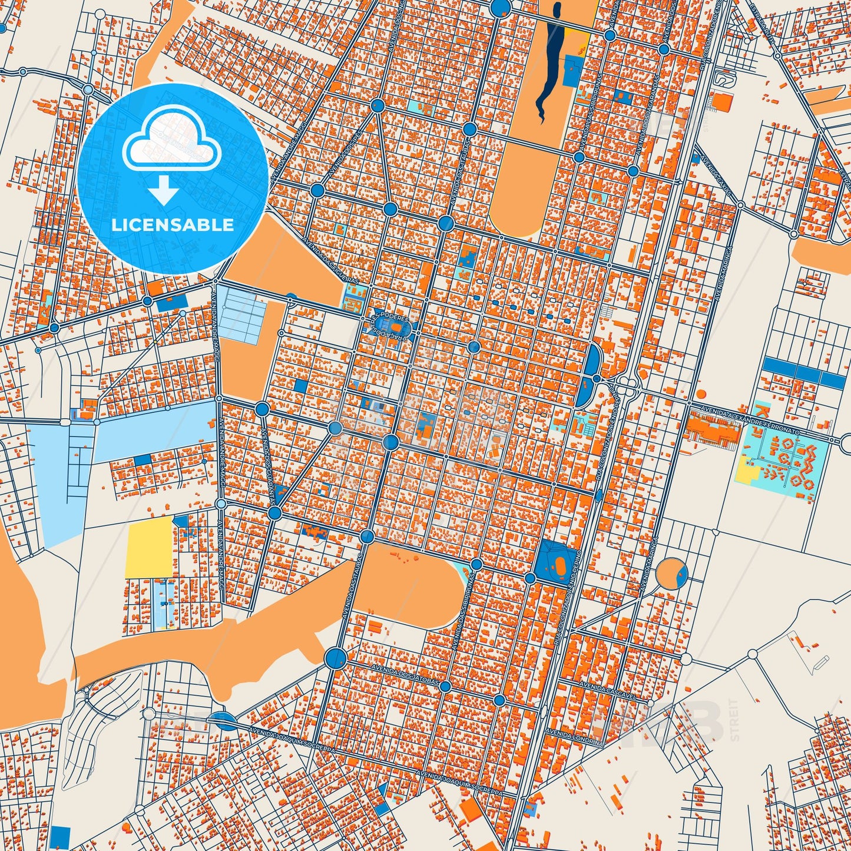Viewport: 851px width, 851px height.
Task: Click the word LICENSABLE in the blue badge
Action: point(173,225)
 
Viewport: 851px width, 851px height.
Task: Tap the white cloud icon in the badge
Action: point(171,141)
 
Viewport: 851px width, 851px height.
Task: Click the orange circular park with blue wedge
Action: point(671,573)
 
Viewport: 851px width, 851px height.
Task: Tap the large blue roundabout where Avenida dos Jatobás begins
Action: point(335,657)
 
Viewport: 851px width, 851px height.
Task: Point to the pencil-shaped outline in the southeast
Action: point(822,662)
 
